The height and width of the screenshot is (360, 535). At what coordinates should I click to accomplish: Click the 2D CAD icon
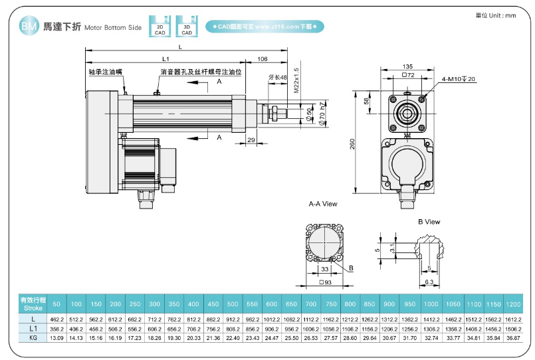(160, 26)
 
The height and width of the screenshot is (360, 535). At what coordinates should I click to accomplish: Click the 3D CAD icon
(187, 26)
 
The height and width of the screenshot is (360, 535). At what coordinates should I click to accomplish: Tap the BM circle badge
(27, 27)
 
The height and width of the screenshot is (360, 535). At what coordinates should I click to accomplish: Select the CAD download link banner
(264, 27)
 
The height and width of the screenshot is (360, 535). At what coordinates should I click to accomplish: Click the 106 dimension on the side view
(262, 58)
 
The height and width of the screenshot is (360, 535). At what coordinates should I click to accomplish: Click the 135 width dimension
(408, 66)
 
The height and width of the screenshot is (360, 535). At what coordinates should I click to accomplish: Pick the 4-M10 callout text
(459, 79)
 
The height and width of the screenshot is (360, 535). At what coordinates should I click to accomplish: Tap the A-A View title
(323, 204)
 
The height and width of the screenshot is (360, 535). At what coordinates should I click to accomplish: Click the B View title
(429, 222)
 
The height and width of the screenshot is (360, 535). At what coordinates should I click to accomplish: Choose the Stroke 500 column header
(233, 304)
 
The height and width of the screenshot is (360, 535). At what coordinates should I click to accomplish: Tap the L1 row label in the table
(33, 329)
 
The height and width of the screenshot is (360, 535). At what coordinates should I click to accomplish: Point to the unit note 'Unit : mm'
(496, 15)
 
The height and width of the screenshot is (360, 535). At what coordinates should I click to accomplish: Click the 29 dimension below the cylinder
(251, 140)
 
